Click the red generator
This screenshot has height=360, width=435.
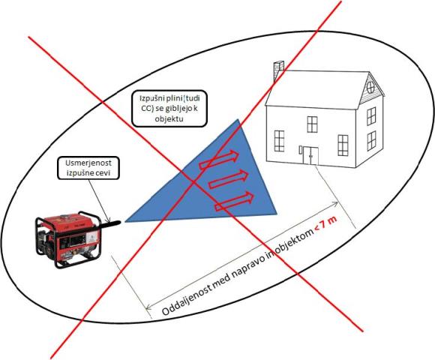coord(69,239)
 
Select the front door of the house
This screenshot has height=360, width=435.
coord(310,156)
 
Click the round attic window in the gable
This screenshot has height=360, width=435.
coord(370,88)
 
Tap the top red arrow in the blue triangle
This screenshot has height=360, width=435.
coord(219,160)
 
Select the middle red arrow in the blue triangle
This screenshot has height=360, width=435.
coord(228,179)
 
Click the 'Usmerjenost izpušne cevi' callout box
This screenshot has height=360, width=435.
coord(88,168)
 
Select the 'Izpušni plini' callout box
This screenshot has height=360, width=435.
coord(169,109)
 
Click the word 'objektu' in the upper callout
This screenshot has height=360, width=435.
coord(169,119)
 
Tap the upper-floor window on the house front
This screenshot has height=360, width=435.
coord(312,124)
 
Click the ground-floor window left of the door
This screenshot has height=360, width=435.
coord(279,141)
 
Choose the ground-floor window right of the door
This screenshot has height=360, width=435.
coord(343,145)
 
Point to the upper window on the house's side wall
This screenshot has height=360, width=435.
coord(371,116)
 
